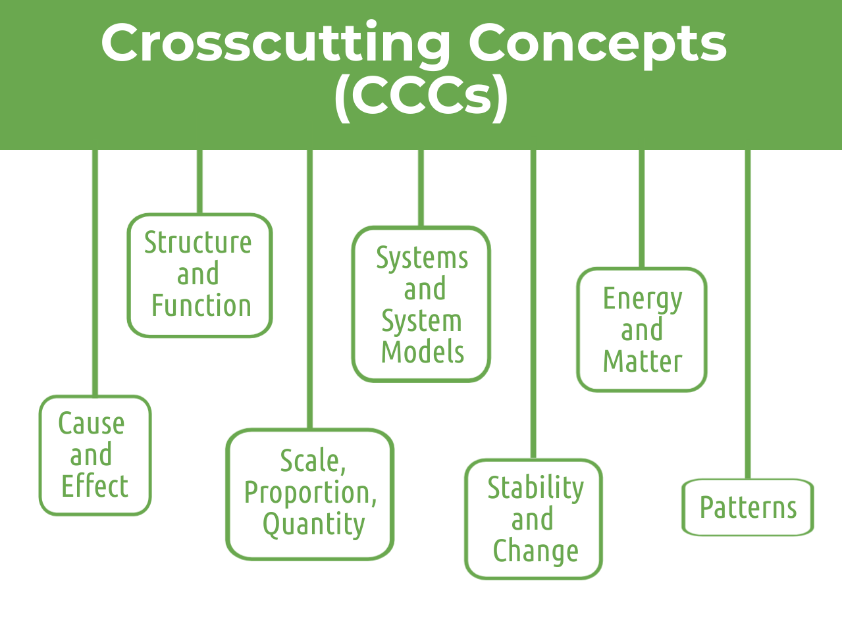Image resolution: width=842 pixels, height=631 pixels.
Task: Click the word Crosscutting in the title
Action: click(x=275, y=43)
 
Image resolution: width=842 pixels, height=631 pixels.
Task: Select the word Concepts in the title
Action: click(x=597, y=43)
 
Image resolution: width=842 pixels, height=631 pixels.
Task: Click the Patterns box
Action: click(x=748, y=507)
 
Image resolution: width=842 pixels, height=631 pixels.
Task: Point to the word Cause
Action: click(x=92, y=424)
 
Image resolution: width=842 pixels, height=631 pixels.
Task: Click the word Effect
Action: click(x=95, y=486)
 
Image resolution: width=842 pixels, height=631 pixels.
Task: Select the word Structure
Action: click(x=198, y=242)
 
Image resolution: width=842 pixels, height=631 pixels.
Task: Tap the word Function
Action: click(x=201, y=305)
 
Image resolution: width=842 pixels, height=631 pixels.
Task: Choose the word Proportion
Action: click(x=311, y=493)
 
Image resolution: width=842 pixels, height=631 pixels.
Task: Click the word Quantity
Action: click(x=314, y=524)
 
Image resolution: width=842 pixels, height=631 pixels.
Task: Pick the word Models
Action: click(x=423, y=351)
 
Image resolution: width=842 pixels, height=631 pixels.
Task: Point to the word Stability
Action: click(x=536, y=488)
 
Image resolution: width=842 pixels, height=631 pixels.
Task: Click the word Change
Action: click(x=536, y=551)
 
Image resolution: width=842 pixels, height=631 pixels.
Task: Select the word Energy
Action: click(x=643, y=299)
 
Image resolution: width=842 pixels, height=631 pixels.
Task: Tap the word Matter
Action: click(x=643, y=361)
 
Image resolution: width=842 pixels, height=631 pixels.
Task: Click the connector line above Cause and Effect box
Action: click(x=95, y=273)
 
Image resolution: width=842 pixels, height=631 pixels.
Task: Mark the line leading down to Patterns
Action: click(x=748, y=315)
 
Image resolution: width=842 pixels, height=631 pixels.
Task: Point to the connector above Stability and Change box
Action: click(x=533, y=305)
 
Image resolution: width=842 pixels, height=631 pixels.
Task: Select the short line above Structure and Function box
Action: click(x=199, y=182)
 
